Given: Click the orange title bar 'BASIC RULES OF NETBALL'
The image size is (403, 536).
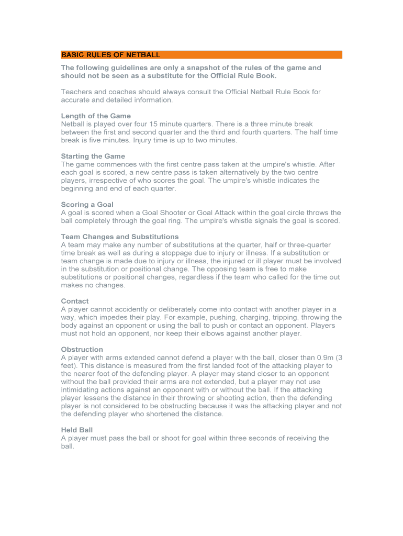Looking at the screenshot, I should [201, 54].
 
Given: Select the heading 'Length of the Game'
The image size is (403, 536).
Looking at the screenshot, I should [96, 116].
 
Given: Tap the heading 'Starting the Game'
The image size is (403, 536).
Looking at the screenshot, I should [93, 156].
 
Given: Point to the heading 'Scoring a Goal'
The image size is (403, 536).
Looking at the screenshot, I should [87, 205].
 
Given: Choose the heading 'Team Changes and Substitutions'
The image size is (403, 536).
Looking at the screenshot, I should [120, 237].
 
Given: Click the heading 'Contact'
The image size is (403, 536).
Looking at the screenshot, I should [75, 301].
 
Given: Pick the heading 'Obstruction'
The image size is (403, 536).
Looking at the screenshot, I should [82, 349].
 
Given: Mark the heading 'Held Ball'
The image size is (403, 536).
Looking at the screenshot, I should [77, 430].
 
